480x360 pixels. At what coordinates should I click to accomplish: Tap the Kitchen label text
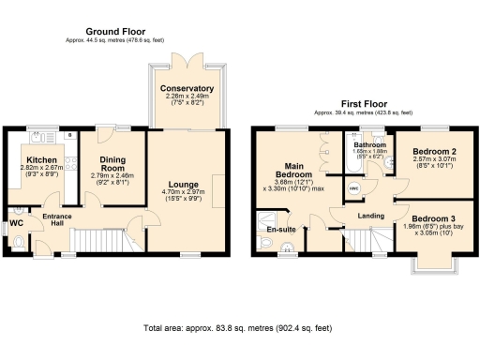(x=38, y=160)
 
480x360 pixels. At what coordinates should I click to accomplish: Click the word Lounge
(x=184, y=184)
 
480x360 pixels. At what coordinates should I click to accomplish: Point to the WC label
(x=16, y=224)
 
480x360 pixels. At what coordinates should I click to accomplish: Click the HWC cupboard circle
(x=354, y=187)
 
